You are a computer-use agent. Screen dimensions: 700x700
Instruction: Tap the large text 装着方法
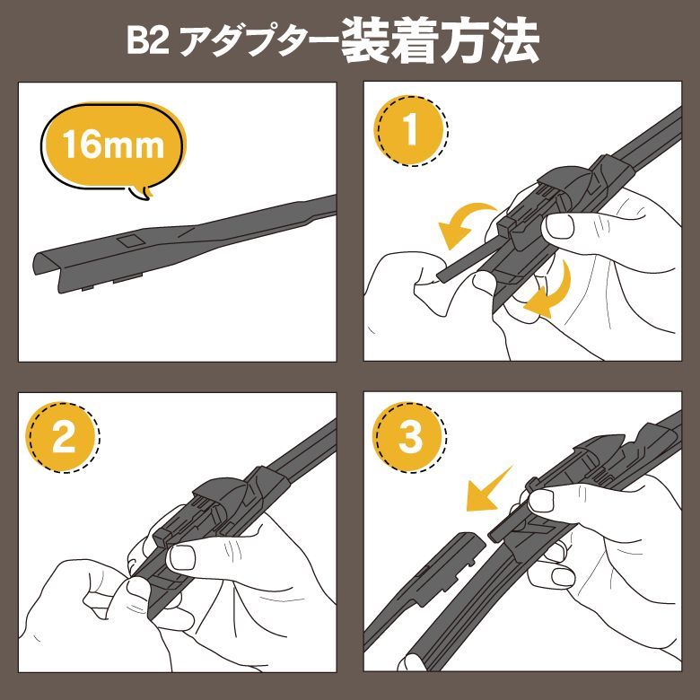click(x=439, y=41)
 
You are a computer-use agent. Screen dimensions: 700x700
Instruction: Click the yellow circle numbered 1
click(x=410, y=132)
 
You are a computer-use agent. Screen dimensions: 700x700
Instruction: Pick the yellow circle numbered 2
click(x=64, y=439)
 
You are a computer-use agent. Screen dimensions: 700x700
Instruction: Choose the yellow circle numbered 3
click(x=410, y=439)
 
